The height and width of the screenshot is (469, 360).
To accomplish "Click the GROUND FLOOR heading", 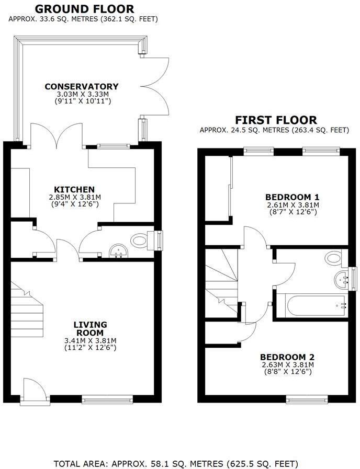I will coord(84,9).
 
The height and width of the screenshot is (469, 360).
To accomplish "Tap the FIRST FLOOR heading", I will coord(276,120).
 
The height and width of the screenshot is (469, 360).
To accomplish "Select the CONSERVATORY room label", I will coord(82,86).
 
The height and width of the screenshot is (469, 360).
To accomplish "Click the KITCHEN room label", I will coord(74,189).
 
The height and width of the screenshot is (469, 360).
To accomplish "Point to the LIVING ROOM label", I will coord(88,328).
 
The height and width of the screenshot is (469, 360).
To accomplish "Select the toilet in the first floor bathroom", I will coord(333,257).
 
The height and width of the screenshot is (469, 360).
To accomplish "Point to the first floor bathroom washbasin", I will coord(343,278).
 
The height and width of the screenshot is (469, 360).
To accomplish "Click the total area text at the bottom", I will coord(176,463).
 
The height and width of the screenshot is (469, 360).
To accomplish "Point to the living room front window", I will coord(107,400).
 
